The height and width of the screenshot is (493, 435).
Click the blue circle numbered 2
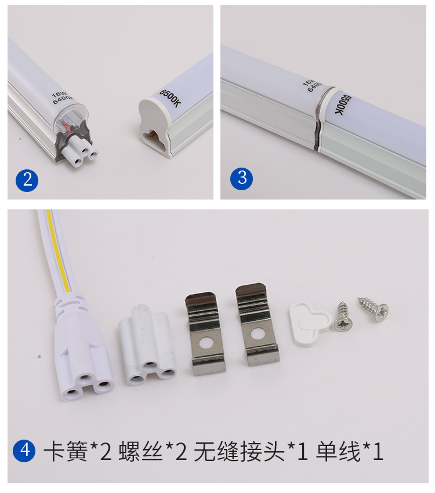[27, 179]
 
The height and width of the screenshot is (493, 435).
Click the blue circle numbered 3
[242, 177]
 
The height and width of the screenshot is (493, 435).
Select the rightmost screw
[372, 308]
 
